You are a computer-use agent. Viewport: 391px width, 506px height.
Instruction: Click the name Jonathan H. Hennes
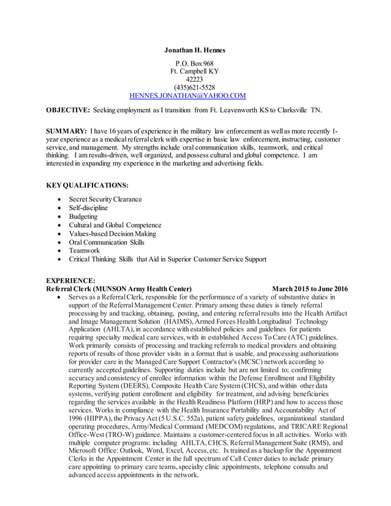tap(195, 50)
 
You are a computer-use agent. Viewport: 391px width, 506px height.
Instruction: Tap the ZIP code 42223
tap(194, 80)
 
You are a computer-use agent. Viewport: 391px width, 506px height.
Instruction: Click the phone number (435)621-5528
tap(194, 88)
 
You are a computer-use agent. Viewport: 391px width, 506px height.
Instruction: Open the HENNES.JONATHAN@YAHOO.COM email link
tap(188, 96)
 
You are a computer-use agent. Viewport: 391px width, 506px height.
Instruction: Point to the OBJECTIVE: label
tap(69, 110)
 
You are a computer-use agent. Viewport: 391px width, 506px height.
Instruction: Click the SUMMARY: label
tap(67, 132)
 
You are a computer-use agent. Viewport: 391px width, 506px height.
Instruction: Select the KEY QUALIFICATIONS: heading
tap(88, 185)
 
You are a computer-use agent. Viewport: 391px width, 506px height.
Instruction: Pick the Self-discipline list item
tap(88, 208)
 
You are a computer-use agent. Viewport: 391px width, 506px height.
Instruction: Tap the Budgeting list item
tap(83, 217)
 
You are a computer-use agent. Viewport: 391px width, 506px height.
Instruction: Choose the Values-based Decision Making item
tap(112, 234)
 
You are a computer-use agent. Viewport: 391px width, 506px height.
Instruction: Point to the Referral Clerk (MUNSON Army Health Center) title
tap(119, 289)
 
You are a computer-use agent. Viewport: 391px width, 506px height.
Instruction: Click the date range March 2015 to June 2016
tap(309, 289)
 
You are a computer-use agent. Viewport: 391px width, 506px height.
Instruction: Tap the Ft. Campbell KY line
tap(194, 72)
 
